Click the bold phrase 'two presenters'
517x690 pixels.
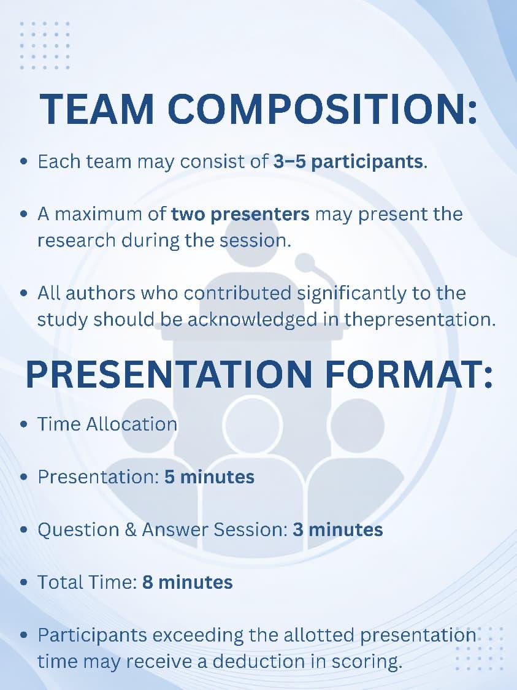[240, 214]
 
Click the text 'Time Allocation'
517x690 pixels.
[107, 424]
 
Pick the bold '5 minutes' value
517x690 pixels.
[210, 477]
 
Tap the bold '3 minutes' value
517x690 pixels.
[338, 529]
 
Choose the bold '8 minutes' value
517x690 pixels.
[188, 582]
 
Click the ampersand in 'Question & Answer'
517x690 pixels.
[131, 529]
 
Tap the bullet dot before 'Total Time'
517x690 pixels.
[24, 583]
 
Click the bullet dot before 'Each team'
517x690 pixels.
[24, 161]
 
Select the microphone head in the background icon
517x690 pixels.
[304, 263]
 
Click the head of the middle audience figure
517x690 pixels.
[253, 424]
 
